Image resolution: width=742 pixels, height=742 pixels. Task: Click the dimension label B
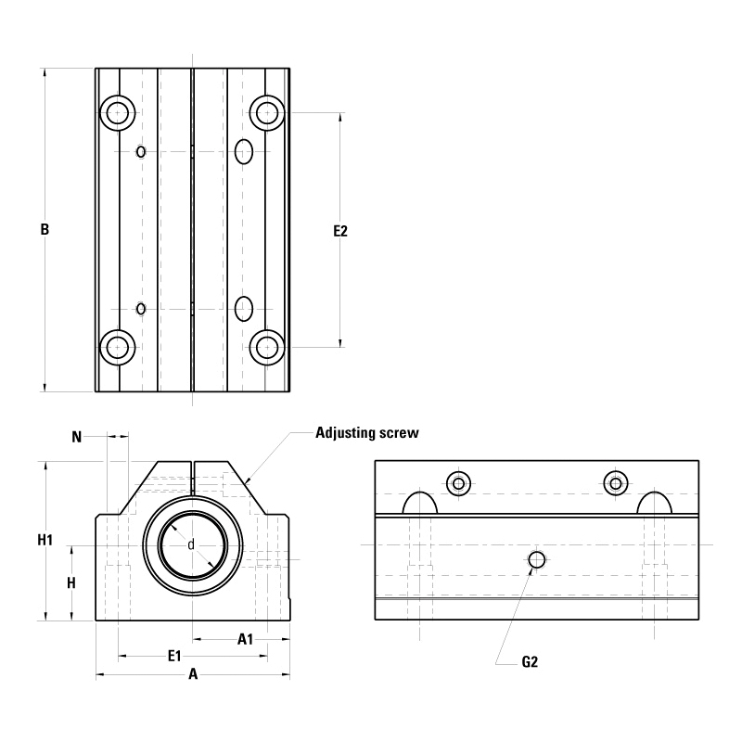(x=44, y=230)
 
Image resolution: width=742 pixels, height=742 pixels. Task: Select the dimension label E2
(x=340, y=231)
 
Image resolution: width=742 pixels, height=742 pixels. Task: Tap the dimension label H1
(x=45, y=540)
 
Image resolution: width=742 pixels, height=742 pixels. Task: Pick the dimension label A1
(x=246, y=638)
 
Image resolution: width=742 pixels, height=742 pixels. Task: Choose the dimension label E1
(x=173, y=657)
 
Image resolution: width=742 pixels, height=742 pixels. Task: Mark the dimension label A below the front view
(x=193, y=675)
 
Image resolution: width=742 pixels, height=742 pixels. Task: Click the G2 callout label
(x=530, y=662)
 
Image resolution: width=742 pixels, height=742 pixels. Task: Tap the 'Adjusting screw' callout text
(x=367, y=433)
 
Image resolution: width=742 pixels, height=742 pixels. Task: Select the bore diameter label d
(x=191, y=544)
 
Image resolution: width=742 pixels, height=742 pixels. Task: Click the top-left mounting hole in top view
(x=117, y=113)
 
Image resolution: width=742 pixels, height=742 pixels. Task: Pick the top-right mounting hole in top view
(x=267, y=113)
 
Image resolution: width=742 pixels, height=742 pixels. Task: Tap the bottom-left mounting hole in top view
(x=117, y=347)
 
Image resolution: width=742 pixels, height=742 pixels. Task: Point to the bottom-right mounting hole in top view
(x=267, y=347)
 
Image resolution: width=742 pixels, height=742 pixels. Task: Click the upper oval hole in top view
(x=244, y=151)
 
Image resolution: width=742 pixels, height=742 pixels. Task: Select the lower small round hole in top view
(x=141, y=308)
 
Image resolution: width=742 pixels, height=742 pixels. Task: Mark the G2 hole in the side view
(x=536, y=559)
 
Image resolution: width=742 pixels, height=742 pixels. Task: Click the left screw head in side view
(x=458, y=483)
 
